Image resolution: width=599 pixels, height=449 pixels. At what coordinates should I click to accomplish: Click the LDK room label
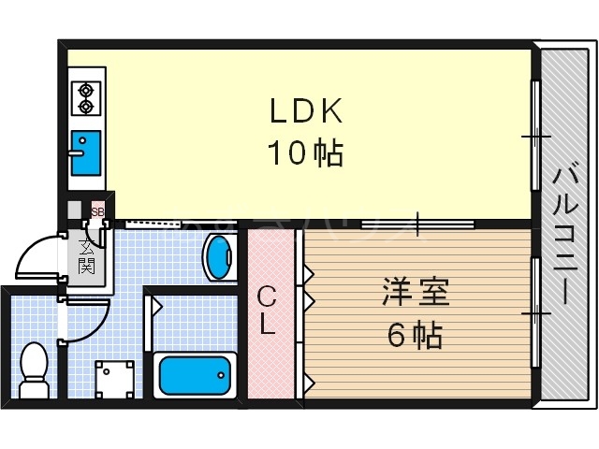tap(309, 111)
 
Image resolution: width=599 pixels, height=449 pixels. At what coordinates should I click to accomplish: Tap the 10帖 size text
tap(306, 152)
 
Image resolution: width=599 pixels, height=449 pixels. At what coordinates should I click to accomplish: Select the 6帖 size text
tap(416, 334)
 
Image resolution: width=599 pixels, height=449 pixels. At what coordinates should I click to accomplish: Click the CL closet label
tap(268, 311)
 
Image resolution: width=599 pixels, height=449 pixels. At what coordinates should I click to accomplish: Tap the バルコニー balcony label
tap(563, 234)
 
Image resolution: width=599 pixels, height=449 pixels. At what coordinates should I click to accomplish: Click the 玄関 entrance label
tap(87, 257)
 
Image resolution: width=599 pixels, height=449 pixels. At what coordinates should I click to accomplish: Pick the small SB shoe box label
tap(96, 211)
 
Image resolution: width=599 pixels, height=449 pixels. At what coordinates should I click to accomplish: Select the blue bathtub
tap(195, 375)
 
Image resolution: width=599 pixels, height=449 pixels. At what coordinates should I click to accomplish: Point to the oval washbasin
tap(218, 256)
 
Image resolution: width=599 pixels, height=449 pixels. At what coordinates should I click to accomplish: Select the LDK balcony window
tap(536, 137)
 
